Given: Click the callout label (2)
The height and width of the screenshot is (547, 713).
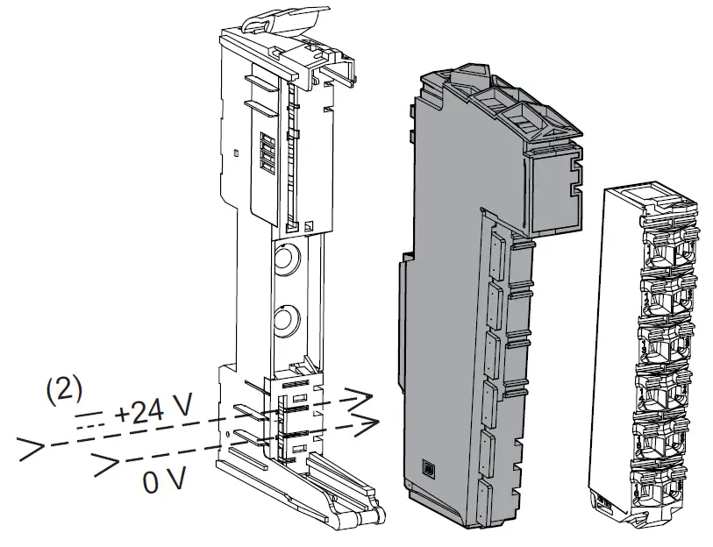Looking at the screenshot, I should (64, 388).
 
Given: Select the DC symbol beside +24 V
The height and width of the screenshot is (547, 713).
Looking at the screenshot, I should (89, 418).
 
